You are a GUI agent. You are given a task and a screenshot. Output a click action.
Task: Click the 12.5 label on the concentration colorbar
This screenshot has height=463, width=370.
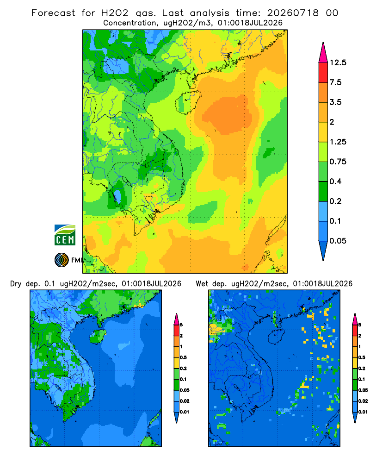tap(338, 63)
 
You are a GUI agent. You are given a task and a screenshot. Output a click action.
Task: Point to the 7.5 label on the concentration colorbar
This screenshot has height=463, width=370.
tap(335, 82)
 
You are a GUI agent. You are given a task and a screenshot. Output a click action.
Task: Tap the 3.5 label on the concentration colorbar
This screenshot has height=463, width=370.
tap(335, 102)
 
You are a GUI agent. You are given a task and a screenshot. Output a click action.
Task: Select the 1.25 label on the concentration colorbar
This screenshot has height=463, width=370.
tap(338, 142)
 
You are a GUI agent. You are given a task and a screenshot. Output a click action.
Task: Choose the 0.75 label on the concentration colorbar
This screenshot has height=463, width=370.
tap(338, 162)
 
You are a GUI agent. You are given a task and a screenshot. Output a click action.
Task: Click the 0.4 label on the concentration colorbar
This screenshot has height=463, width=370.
tap(335, 181)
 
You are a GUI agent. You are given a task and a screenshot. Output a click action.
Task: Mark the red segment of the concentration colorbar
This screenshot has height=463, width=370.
tap(323, 73)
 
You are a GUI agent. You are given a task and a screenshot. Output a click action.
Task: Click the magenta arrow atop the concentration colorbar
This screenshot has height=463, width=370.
tap(323, 53)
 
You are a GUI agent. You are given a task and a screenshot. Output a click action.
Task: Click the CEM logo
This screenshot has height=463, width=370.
tap(65, 235)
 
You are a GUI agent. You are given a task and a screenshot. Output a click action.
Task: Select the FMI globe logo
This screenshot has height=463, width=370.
tap(62, 260)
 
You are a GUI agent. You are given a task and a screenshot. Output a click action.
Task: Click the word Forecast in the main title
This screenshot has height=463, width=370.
tap(53, 13)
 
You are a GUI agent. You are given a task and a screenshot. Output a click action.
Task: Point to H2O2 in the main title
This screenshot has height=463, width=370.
tap(115, 13)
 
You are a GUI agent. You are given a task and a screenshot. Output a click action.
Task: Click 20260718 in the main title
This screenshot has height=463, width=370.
tap(293, 13)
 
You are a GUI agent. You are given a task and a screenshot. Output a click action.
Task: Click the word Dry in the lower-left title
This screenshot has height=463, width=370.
tap(16, 284)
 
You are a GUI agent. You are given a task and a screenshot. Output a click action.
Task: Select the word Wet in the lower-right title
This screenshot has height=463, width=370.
tap(202, 284)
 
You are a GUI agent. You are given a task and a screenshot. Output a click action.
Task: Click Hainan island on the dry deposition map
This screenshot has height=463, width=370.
tap(98, 336)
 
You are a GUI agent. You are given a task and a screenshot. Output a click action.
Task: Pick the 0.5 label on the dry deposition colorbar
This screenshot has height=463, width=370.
tap(183, 357)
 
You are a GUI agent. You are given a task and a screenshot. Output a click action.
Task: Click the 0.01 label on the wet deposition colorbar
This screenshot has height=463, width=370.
tap(363, 412)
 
